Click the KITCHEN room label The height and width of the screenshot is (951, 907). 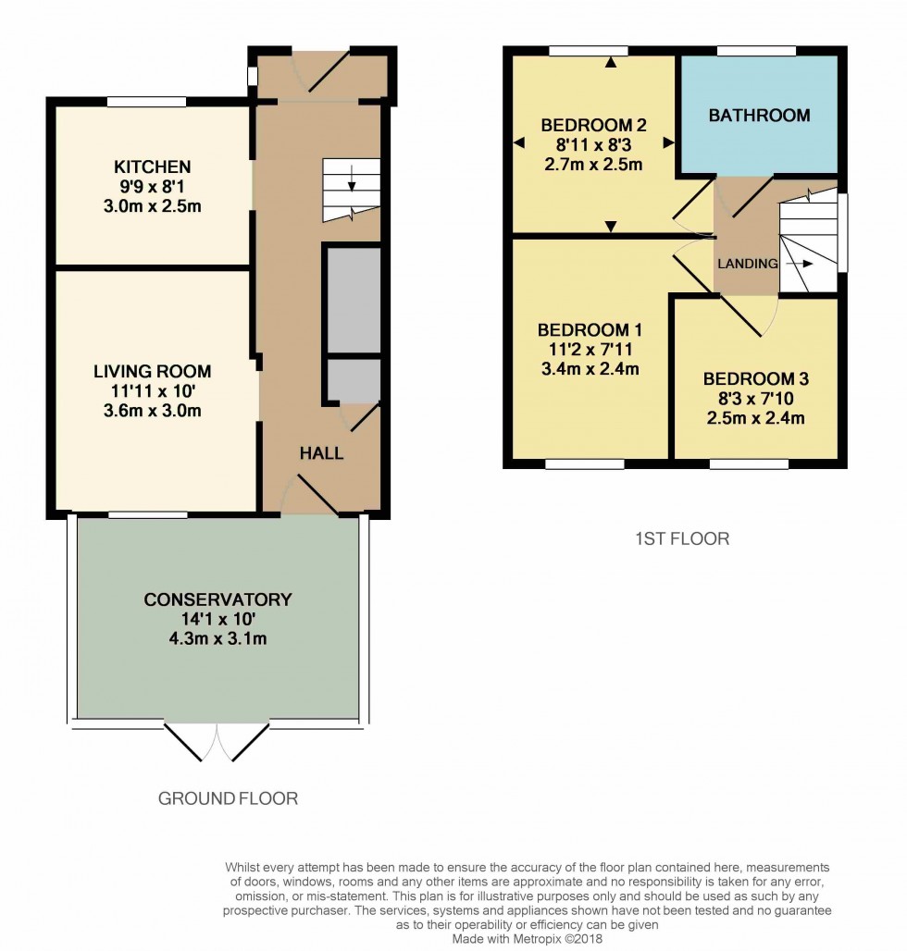point(153,167)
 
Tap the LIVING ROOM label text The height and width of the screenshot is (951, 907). point(153,371)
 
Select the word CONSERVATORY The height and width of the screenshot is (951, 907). point(217,599)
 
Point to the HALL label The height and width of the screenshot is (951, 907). point(321,453)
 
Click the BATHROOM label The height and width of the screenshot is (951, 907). point(760,116)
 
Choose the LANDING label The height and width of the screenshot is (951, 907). point(748,264)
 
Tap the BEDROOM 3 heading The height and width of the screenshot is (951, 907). point(756,379)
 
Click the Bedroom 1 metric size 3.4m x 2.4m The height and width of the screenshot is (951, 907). point(590,369)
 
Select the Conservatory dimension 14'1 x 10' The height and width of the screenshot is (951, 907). point(217,619)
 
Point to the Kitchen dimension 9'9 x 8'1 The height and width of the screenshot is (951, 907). point(153,186)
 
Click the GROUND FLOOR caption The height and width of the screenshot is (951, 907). point(228,798)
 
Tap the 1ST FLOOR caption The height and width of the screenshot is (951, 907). point(682,538)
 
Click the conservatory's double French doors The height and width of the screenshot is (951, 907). point(217,741)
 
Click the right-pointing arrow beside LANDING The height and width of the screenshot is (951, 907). point(800,264)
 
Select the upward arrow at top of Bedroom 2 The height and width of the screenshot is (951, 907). point(611,61)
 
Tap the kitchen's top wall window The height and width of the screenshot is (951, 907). point(147,101)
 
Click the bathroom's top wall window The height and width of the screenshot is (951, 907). point(756,51)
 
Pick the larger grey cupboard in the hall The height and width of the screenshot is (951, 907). point(354,299)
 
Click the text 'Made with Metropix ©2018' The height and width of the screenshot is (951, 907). point(527,939)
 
